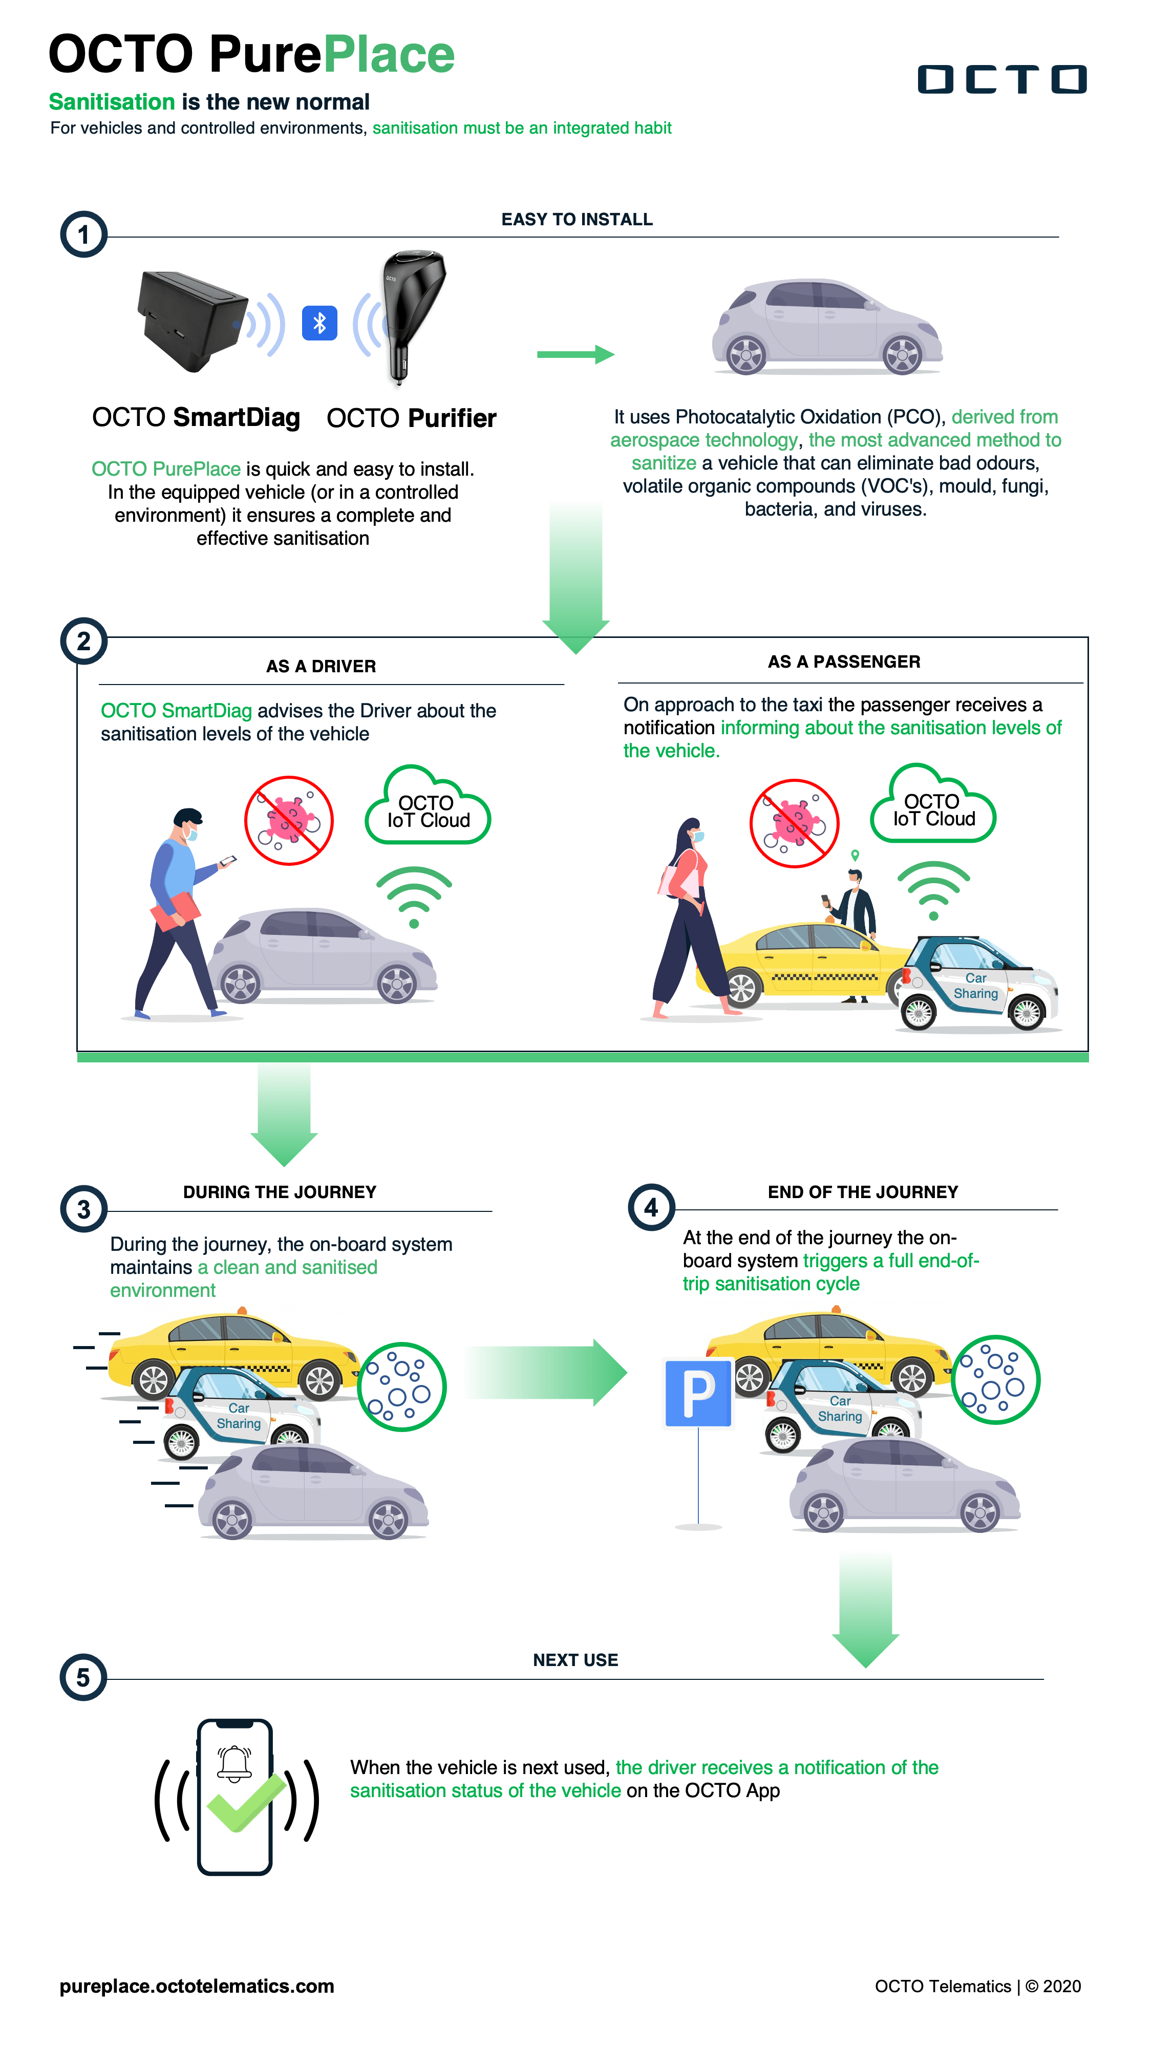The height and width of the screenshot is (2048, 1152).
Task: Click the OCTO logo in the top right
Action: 1002,79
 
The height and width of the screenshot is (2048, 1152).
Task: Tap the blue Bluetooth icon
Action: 319,323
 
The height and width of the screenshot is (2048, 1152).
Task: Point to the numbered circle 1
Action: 83,234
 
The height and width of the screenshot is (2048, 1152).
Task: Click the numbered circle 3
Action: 83,1208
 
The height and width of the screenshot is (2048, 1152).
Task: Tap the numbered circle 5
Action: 83,1677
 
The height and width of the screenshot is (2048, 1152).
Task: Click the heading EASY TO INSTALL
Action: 577,220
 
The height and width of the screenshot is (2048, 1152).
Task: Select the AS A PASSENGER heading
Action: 844,662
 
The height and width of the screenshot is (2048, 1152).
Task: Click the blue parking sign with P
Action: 698,1393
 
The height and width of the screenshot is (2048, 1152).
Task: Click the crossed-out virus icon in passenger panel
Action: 794,823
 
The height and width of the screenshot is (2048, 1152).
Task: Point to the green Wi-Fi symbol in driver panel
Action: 414,896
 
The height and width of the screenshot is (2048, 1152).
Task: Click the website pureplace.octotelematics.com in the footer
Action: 197,1986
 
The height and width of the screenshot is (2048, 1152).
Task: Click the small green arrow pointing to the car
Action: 575,355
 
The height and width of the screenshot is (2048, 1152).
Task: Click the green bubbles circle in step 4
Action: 995,1379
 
